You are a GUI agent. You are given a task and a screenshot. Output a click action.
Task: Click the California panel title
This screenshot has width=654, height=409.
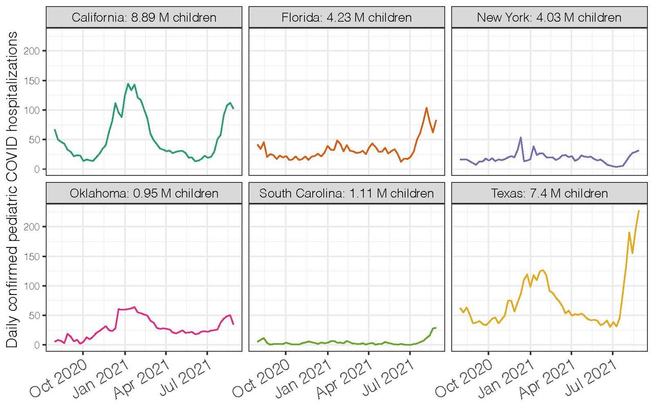[x=144, y=17]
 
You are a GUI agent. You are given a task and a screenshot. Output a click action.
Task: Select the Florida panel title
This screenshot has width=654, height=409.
[x=346, y=17]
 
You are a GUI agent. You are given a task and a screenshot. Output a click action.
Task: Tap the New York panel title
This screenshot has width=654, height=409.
[x=549, y=17]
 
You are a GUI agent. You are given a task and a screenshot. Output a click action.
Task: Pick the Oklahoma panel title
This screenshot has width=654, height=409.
[x=144, y=193]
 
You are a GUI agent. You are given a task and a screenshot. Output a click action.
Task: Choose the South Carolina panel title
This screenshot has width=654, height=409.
[x=346, y=193]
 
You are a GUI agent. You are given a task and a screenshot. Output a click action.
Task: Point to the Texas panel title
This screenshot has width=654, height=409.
[x=549, y=193]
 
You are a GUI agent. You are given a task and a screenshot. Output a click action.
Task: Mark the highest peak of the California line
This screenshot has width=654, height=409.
[x=127, y=83]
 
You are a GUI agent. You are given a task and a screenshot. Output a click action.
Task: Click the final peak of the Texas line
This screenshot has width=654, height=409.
[x=639, y=211]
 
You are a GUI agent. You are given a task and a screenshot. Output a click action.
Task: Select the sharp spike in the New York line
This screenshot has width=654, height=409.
[x=521, y=137]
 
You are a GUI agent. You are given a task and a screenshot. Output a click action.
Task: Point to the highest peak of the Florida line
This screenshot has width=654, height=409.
[x=426, y=108]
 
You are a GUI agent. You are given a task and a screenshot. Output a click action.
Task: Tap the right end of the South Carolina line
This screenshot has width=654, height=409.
[x=436, y=327]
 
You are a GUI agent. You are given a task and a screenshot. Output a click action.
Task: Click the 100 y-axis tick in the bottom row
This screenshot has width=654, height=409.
[x=34, y=285]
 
